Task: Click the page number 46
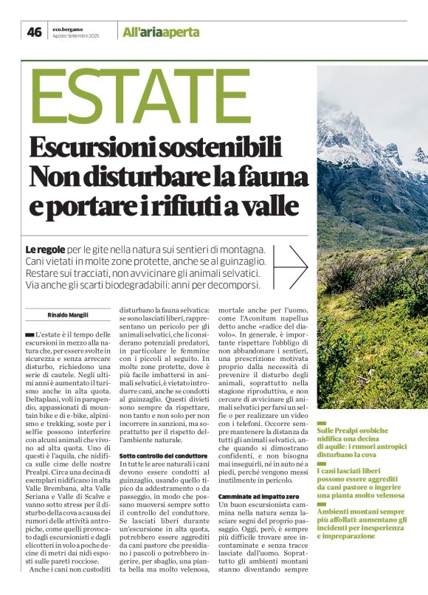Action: click(x=34, y=32)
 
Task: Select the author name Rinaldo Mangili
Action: click(x=67, y=314)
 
